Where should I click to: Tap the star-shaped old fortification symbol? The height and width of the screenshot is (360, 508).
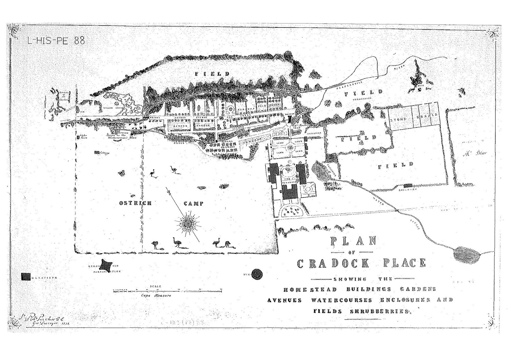click(106, 264)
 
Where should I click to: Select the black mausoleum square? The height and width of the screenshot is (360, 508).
click(26, 276)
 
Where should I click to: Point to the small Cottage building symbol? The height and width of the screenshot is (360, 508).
click(97, 153)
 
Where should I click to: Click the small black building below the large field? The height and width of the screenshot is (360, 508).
click(407, 185)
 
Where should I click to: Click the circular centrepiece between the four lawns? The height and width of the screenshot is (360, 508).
click(290, 148)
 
